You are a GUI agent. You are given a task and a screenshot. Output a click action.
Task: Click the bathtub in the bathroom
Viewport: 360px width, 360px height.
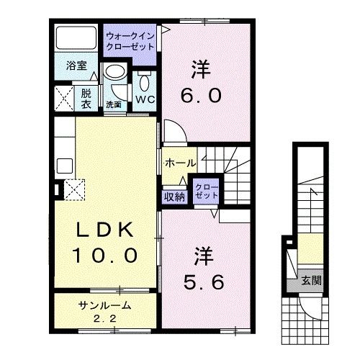pos(76,42)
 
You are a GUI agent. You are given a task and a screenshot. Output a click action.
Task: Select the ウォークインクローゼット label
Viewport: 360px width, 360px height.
pos(130,40)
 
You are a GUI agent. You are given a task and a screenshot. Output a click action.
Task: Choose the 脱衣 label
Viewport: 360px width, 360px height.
pos(86,98)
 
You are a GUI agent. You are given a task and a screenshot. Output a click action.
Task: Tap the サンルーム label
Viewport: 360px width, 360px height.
pos(102,305)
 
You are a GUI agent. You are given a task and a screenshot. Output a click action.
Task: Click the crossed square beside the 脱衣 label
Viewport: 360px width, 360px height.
pos(64,98)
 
